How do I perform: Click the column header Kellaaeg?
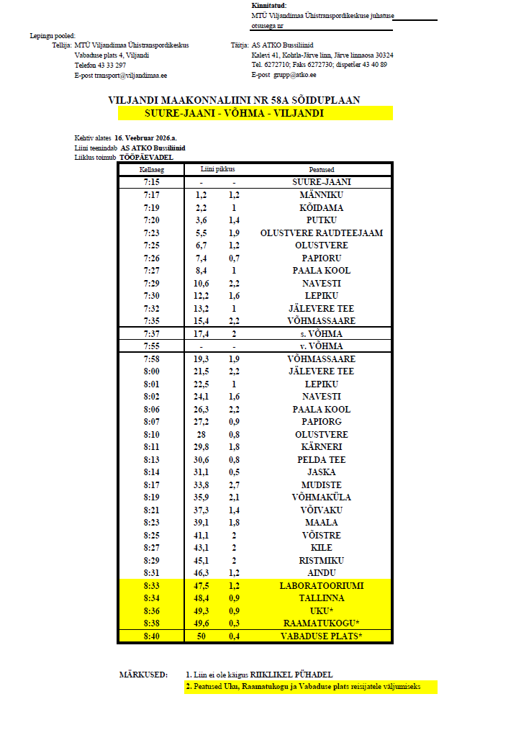(x=151, y=170)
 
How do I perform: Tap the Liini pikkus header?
(x=219, y=170)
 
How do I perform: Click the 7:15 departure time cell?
(x=151, y=183)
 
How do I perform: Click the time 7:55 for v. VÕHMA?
(x=151, y=346)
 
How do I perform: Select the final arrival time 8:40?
(x=151, y=636)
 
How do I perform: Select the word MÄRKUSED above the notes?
(x=142, y=675)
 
